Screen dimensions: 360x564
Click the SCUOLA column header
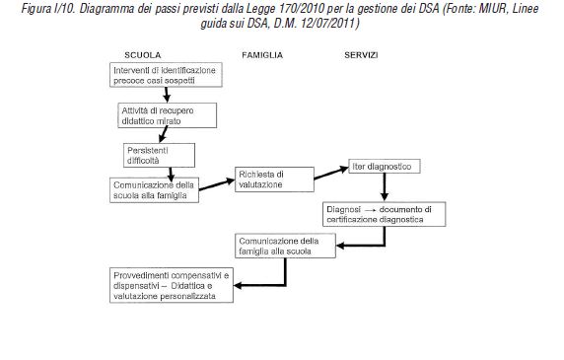(143, 54)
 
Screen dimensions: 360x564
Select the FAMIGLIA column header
(262, 54)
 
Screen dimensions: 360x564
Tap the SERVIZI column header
(364, 54)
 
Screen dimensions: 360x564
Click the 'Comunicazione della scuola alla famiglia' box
(157, 189)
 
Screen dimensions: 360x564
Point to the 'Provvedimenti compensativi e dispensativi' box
(169, 284)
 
